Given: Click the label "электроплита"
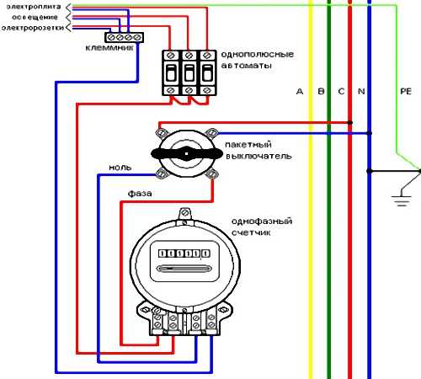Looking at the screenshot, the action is click(34, 7).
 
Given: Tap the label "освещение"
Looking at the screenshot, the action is click(35, 18).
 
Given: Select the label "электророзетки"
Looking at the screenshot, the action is click(33, 28).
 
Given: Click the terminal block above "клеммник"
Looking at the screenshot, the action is click(124, 37).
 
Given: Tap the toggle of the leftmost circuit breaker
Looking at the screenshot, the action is click(171, 73).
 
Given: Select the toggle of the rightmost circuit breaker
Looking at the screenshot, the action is click(207, 73).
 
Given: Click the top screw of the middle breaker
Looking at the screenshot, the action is click(189, 55).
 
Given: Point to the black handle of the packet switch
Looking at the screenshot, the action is click(187, 154).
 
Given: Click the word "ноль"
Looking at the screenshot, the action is click(120, 168).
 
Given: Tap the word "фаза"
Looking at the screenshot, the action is click(140, 194).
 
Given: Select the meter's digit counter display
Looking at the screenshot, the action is click(184, 254).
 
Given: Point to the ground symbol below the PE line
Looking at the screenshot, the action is click(402, 200).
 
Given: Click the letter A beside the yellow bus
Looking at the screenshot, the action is click(300, 91).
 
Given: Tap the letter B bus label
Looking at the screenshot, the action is click(321, 91).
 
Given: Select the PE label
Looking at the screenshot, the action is click(406, 91).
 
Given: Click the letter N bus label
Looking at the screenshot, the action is click(361, 91).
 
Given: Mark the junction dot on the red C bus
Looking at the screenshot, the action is click(350, 123).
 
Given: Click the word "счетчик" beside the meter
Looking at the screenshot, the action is click(251, 232).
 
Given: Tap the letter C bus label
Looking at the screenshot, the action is click(341, 91).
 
